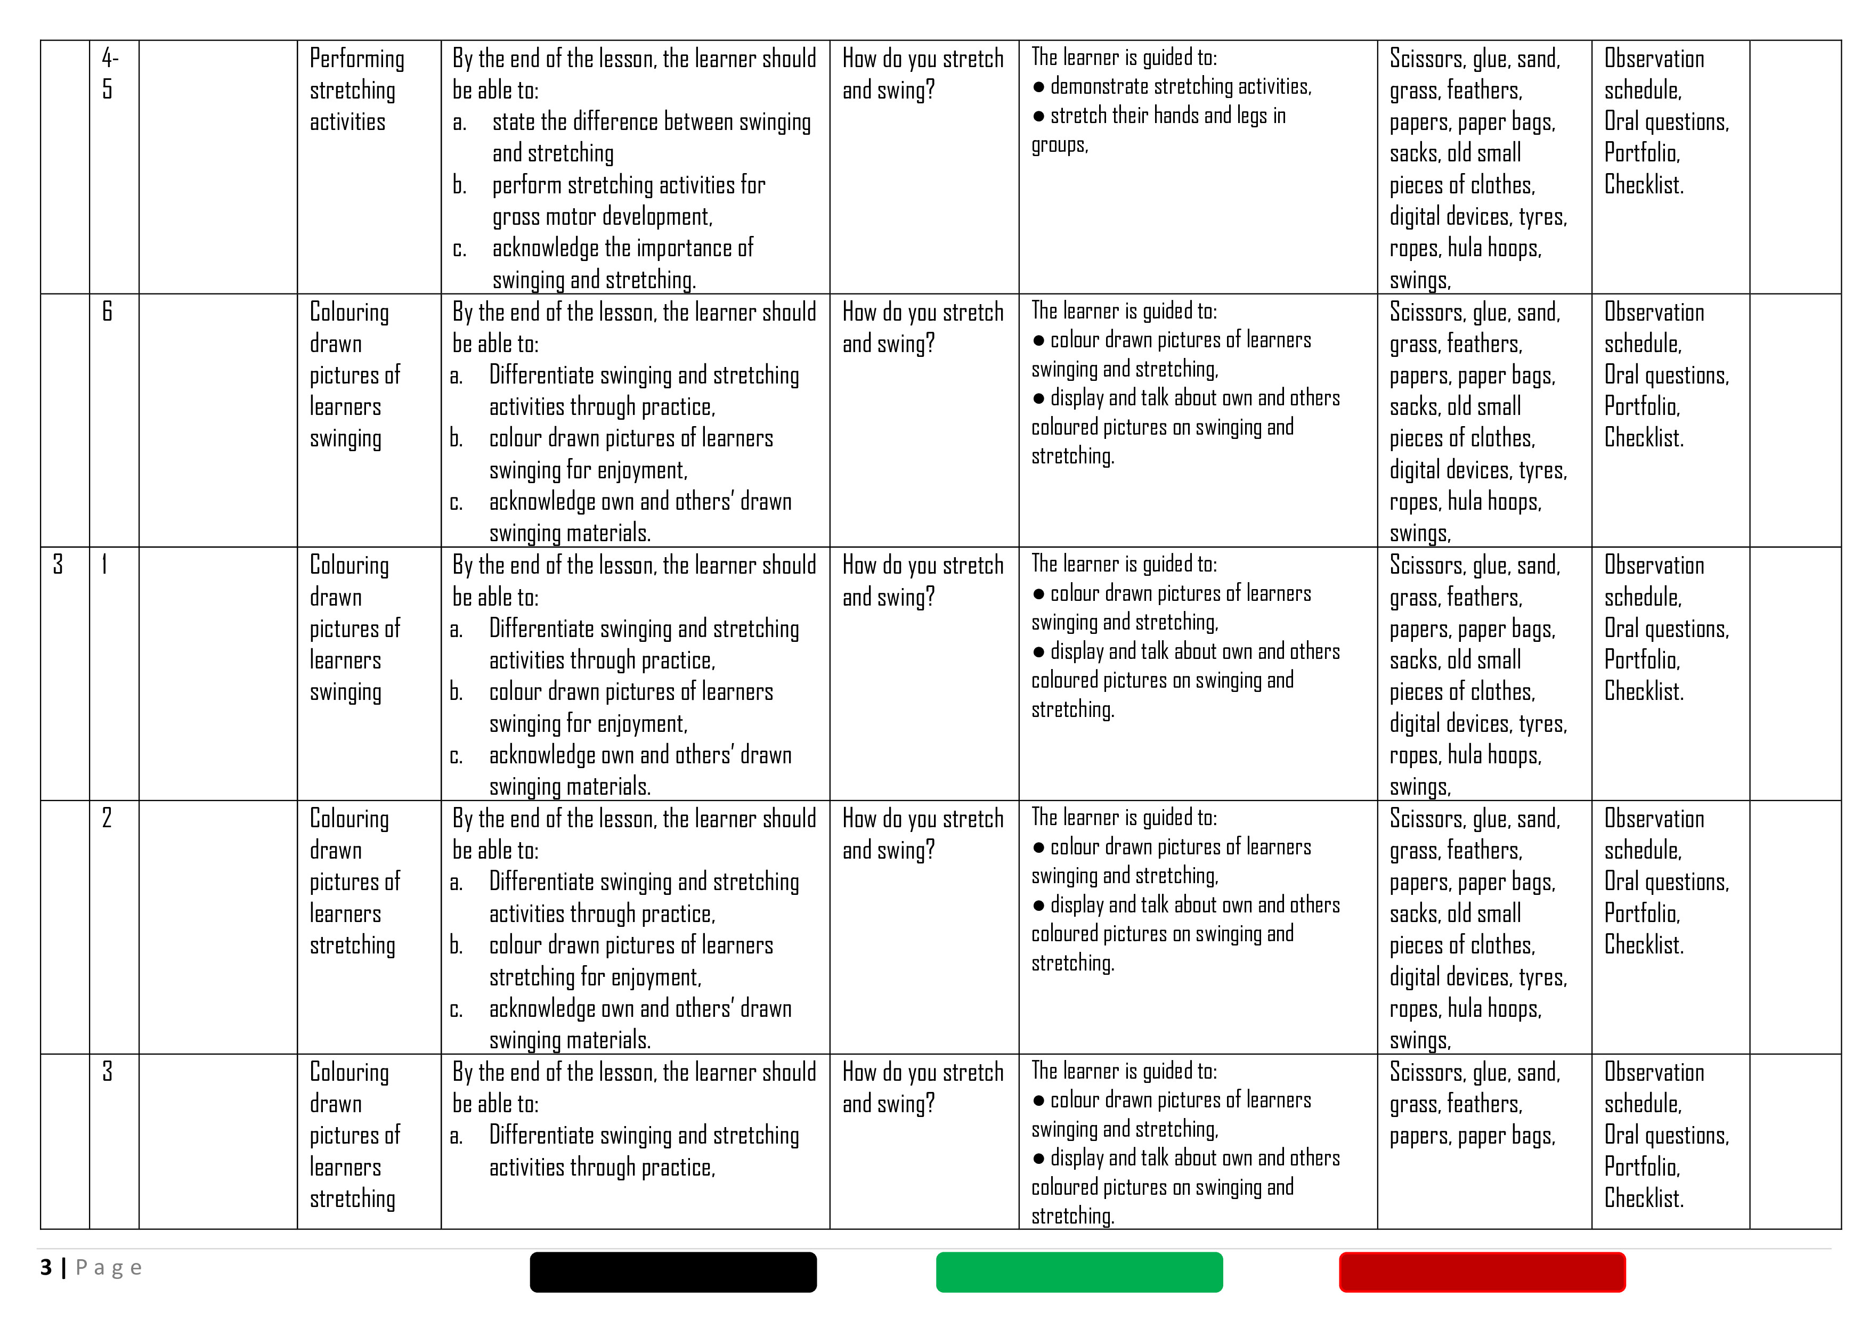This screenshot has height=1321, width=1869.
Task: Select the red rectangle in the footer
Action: click(1482, 1271)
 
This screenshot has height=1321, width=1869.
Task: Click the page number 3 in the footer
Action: click(46, 1267)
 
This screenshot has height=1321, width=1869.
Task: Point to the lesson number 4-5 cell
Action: click(110, 74)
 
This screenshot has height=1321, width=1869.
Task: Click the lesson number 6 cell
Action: click(108, 312)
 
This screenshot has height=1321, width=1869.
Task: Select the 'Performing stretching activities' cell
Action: click(356, 89)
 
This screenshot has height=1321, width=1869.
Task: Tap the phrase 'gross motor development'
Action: click(602, 216)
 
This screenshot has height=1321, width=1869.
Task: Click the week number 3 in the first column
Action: click(58, 565)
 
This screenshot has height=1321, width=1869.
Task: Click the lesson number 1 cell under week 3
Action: click(104, 565)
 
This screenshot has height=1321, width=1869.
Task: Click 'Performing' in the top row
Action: click(356, 59)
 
